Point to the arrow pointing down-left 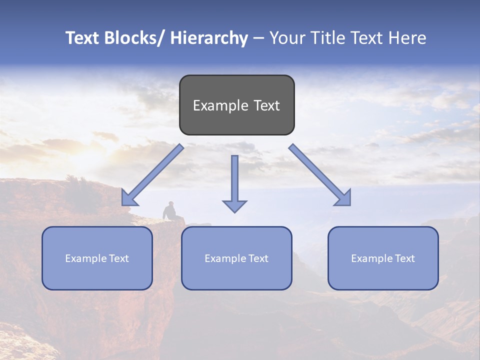152,175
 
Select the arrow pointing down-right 320,175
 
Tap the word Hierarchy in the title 209,38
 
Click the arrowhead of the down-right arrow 344,199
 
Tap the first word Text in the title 83,38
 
